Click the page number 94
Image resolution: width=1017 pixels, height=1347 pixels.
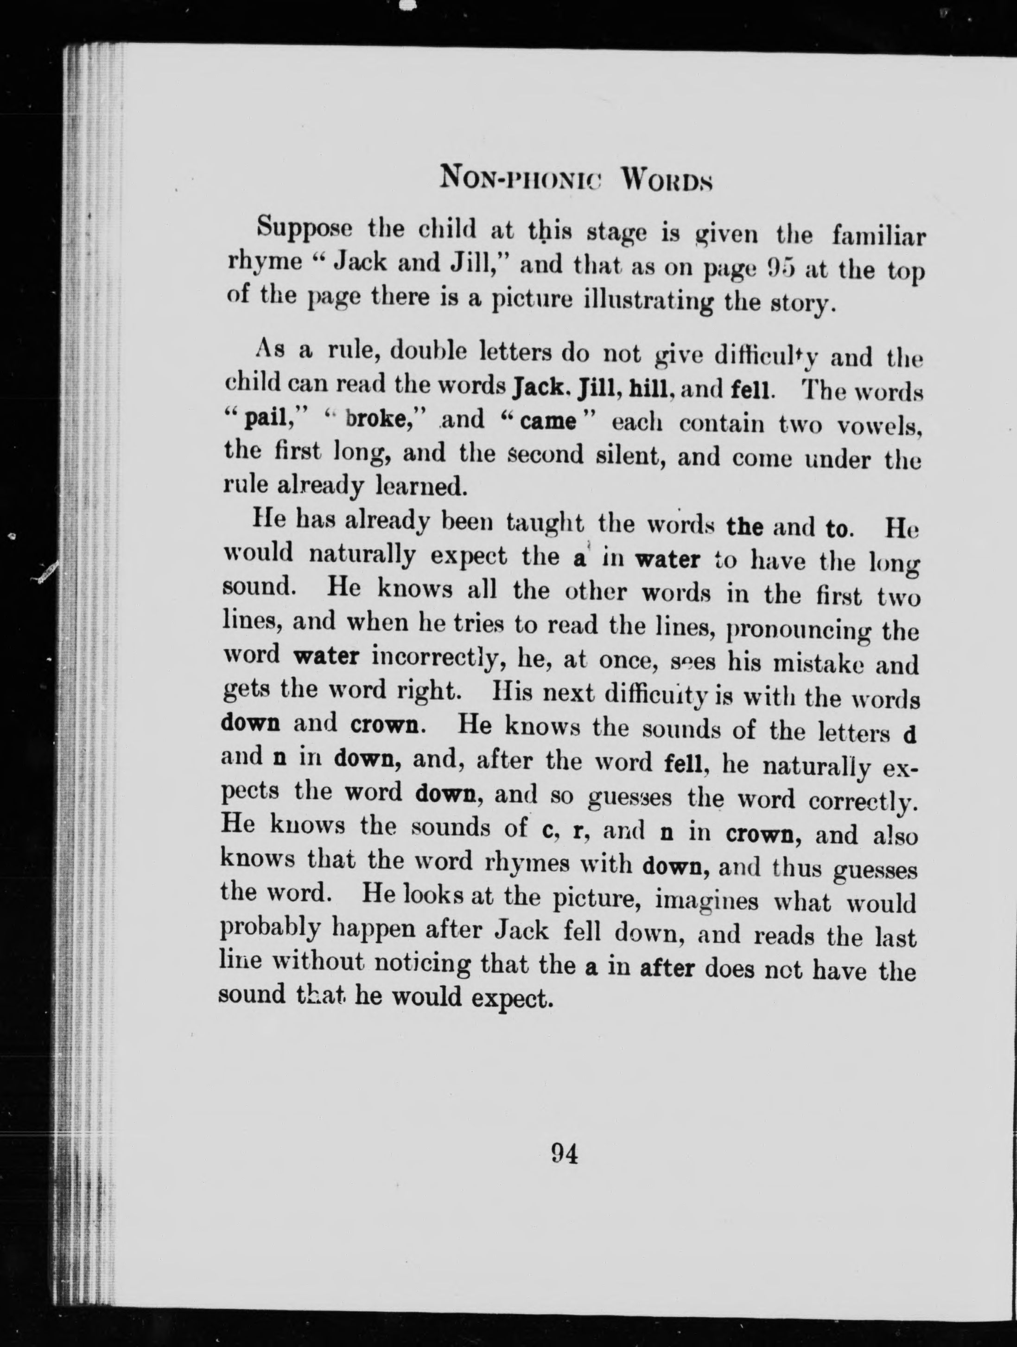pos(564,1153)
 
